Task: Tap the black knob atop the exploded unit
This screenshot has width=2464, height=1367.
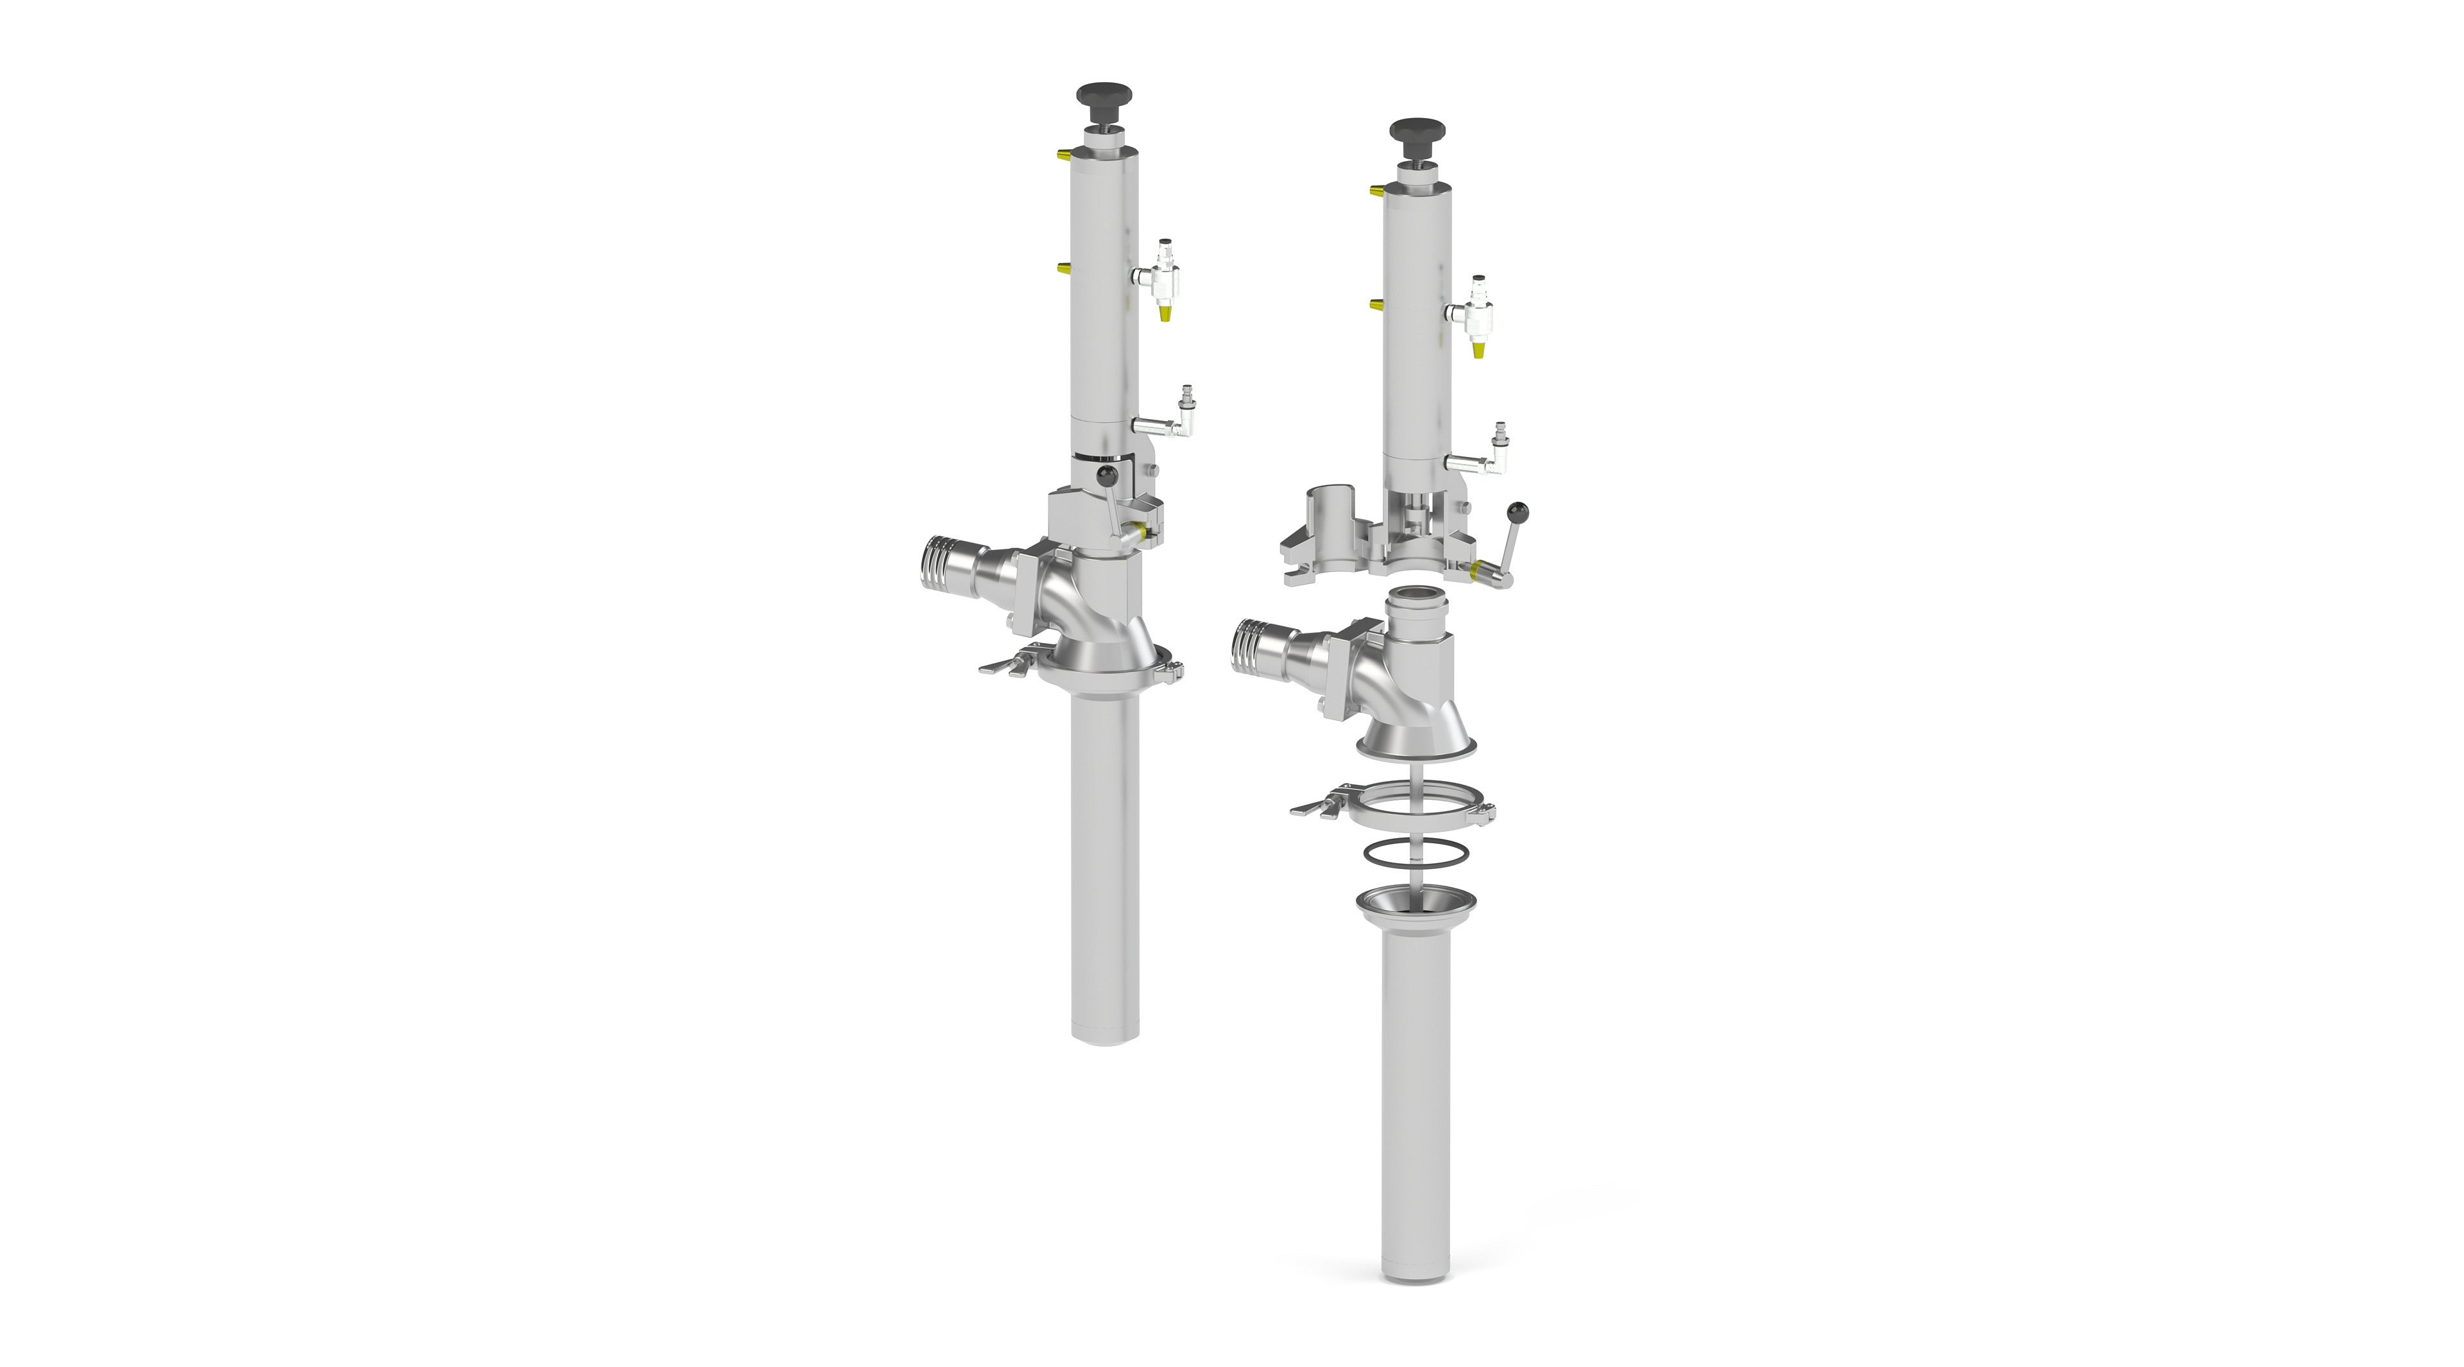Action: (1417, 129)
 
